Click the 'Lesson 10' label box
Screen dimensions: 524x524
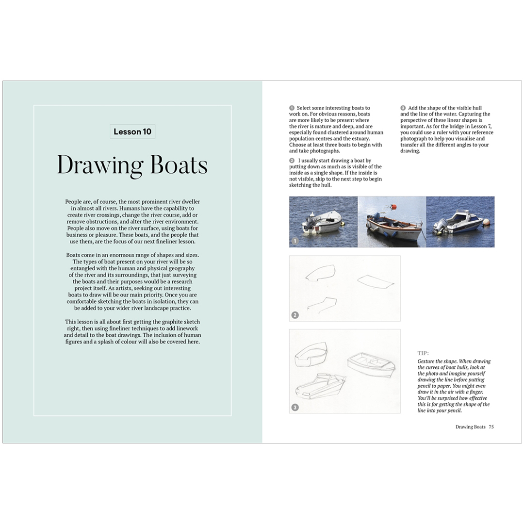point(132,131)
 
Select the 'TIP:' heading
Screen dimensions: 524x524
point(423,353)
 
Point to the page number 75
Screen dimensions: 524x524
point(491,427)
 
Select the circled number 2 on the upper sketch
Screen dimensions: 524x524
point(295,315)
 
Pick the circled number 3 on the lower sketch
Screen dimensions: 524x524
point(295,407)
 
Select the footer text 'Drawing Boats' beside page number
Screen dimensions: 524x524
point(470,427)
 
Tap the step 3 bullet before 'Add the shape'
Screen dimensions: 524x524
point(403,108)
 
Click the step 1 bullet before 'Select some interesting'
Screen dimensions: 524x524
point(292,108)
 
